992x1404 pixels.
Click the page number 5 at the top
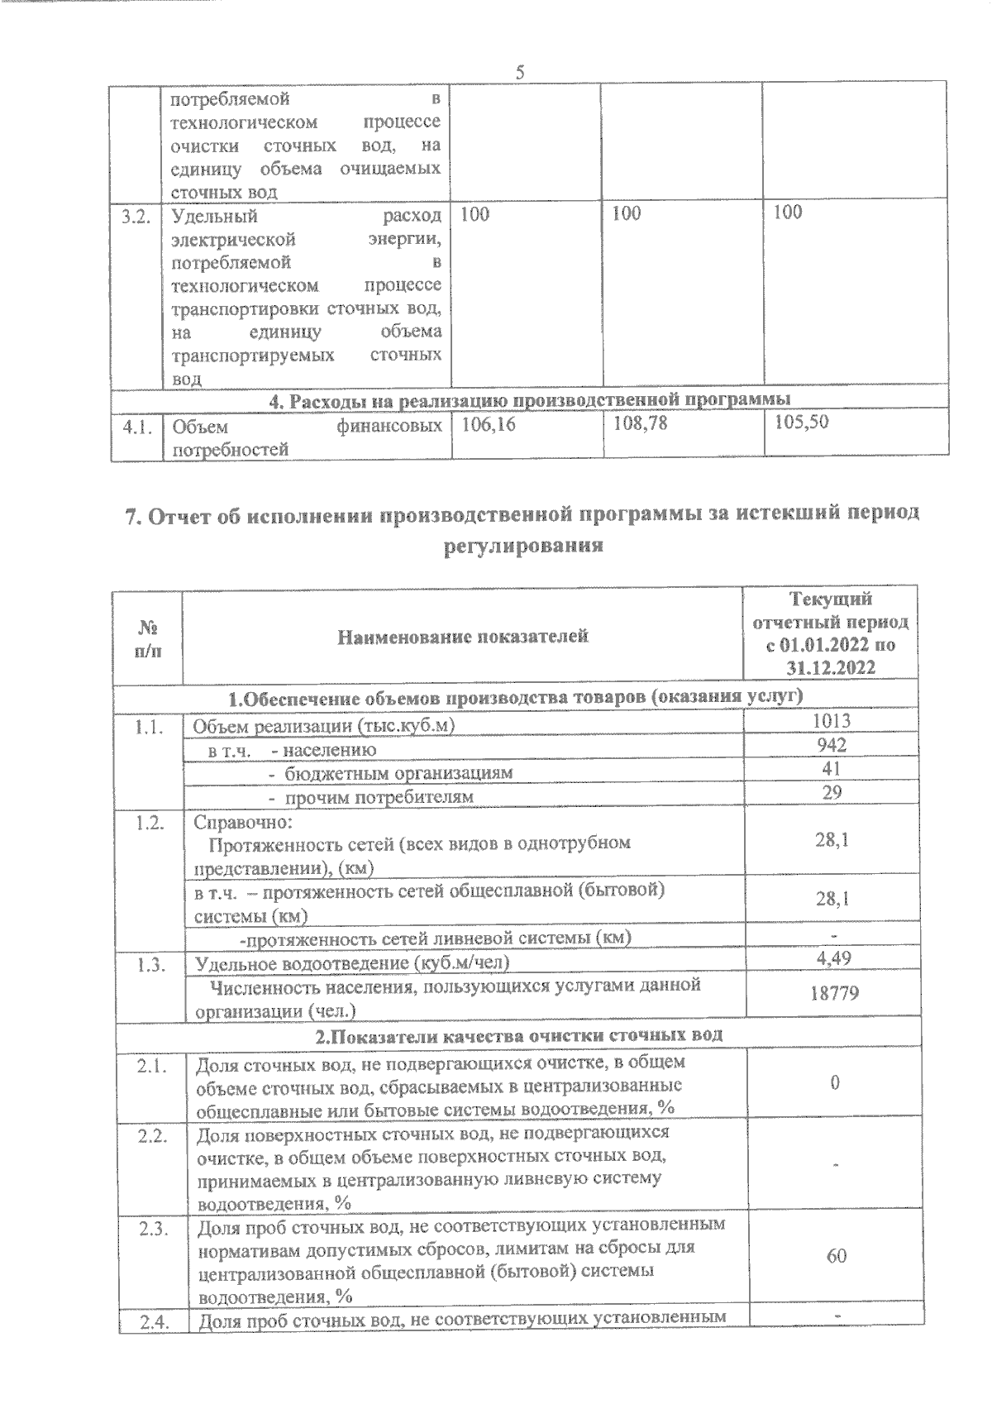point(521,72)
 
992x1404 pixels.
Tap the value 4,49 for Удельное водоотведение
point(833,958)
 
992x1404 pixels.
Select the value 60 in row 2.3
point(836,1256)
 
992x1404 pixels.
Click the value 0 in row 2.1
point(836,1083)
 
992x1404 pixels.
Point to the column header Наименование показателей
point(463,636)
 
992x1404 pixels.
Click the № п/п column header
point(147,638)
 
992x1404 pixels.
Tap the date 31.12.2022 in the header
point(832,668)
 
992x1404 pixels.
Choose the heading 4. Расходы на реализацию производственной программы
point(530,399)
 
